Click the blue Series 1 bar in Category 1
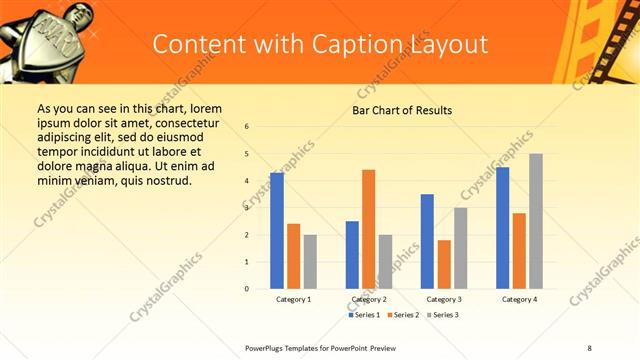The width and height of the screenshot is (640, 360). click(x=277, y=231)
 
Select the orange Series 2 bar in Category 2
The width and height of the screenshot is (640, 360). click(x=368, y=229)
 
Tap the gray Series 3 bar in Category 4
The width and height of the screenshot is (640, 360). click(x=536, y=221)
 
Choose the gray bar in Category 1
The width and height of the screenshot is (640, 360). click(x=310, y=262)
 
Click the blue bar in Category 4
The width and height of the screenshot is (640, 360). click(x=503, y=228)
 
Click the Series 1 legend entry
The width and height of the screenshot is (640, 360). click(x=364, y=315)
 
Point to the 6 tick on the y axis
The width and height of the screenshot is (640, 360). click(x=247, y=127)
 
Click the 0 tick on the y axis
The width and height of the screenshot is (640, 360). click(x=247, y=289)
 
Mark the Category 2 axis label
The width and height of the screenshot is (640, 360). click(x=368, y=299)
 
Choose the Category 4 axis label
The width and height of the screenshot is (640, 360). click(x=519, y=299)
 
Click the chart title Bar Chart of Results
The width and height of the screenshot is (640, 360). click(x=402, y=110)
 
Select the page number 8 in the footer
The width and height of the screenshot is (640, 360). click(x=589, y=346)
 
